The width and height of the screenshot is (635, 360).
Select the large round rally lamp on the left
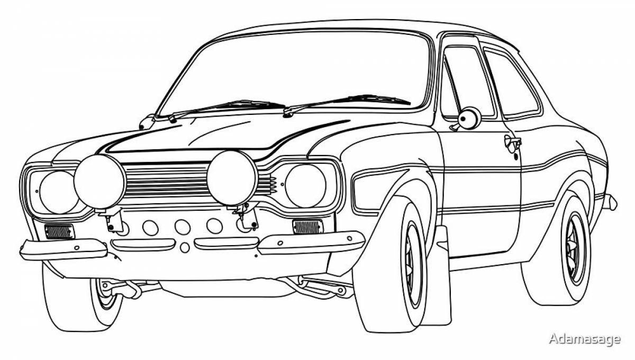coord(99,181)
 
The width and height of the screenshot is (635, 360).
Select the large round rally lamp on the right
coord(232,177)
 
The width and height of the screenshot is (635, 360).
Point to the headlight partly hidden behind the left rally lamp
coord(53,192)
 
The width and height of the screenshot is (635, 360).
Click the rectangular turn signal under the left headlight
coord(59,231)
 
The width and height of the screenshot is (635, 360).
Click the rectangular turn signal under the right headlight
coord(307,227)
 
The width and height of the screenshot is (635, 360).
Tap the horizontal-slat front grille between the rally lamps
coord(165,180)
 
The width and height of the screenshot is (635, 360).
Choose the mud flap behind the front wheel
coord(442,275)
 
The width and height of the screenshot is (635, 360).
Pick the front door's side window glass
coord(466,79)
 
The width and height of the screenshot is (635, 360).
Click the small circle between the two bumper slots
coord(184,247)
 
